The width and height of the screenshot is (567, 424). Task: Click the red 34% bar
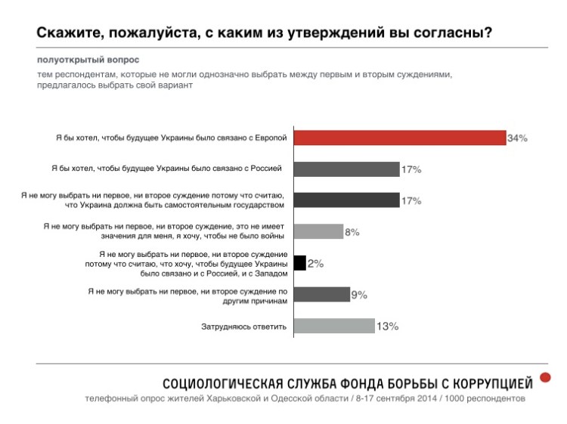(399, 138)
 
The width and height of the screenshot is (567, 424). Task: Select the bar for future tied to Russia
(346, 169)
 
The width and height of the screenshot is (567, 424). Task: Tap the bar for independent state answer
(346, 200)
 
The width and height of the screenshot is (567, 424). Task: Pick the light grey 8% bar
(318, 231)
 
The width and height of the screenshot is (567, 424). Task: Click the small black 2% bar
(299, 263)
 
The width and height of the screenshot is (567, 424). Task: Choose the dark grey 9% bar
(321, 295)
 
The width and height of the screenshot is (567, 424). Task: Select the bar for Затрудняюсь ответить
(333, 327)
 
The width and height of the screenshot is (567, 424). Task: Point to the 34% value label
(517, 138)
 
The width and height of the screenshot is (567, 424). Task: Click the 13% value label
(387, 327)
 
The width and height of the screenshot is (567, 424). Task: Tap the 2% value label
(316, 264)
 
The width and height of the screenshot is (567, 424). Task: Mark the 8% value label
(352, 232)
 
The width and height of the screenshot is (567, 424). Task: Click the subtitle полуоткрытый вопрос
(88, 58)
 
